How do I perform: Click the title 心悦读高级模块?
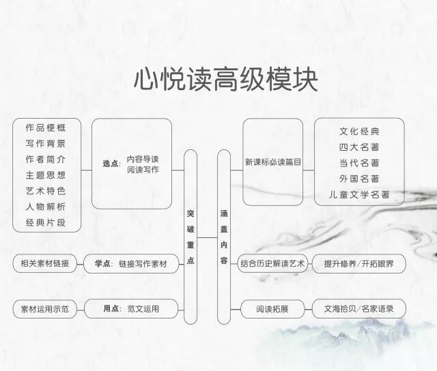click(x=225, y=80)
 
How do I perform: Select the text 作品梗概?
click(x=46, y=128)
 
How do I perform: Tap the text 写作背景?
click(x=46, y=143)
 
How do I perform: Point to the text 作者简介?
click(x=46, y=159)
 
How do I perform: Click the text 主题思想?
click(x=46, y=175)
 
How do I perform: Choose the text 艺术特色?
click(x=46, y=190)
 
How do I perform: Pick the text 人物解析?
click(x=46, y=206)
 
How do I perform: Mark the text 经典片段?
click(x=46, y=222)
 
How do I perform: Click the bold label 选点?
click(x=110, y=164)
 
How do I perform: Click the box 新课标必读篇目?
click(x=272, y=162)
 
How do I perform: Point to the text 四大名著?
click(x=359, y=147)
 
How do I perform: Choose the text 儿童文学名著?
click(x=359, y=195)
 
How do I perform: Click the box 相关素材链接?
click(x=46, y=263)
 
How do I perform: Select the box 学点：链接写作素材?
click(x=130, y=263)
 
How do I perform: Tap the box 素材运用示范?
click(x=46, y=309)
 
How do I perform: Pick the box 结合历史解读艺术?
click(x=272, y=263)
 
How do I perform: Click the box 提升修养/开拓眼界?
click(x=358, y=263)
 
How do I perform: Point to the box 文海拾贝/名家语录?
click(x=358, y=309)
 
